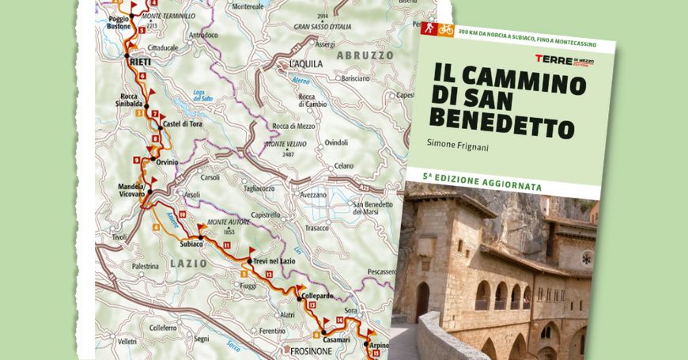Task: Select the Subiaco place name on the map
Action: coord(191,244)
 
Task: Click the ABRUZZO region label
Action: coord(364,55)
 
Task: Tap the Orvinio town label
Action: coord(167,162)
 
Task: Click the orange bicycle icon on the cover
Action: coord(446,30)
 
